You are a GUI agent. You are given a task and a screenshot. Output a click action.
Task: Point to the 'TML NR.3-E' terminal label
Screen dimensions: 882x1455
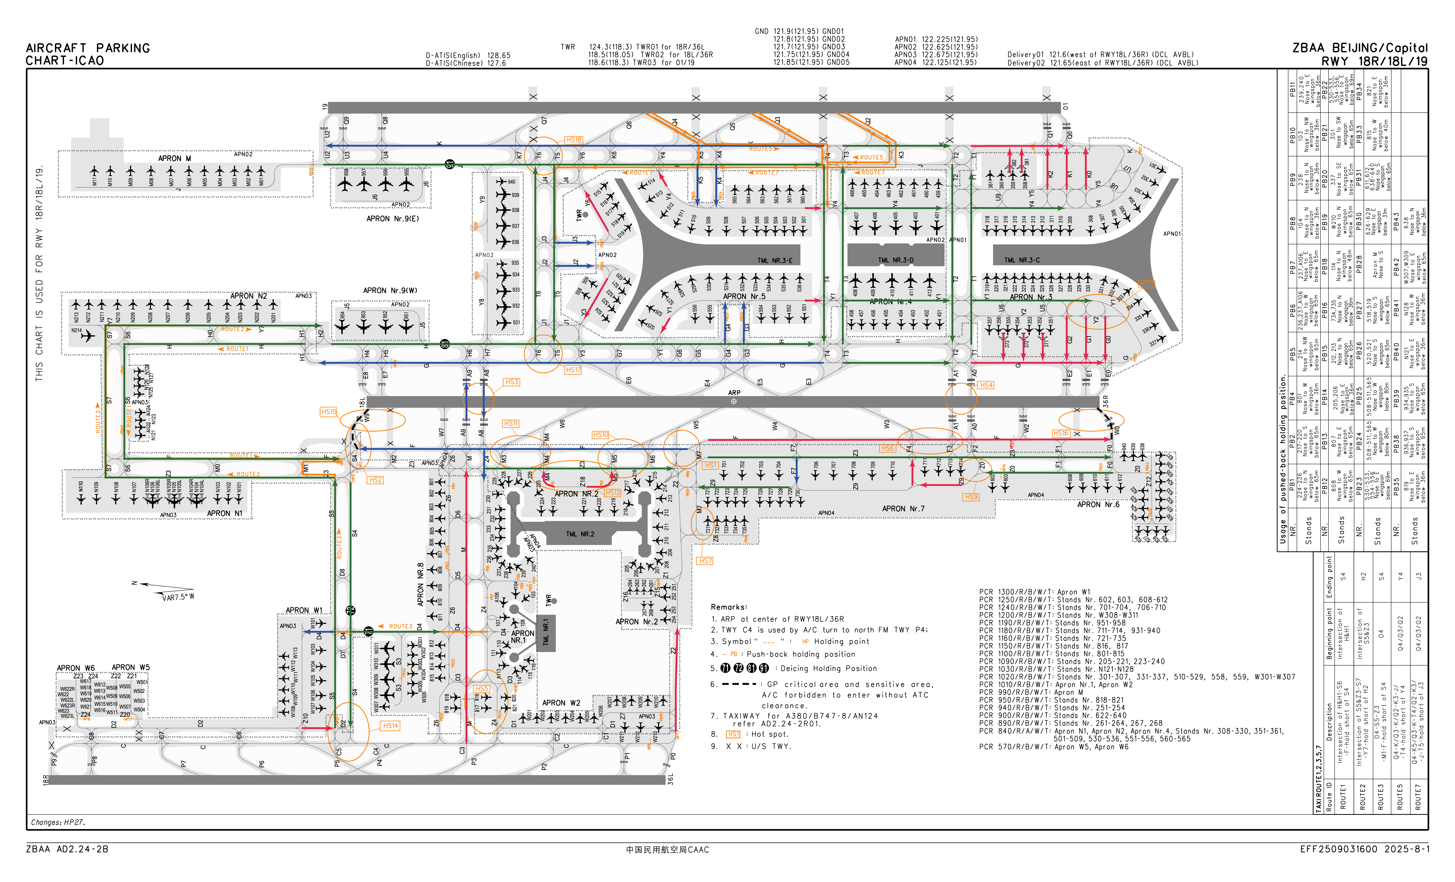[x=775, y=260]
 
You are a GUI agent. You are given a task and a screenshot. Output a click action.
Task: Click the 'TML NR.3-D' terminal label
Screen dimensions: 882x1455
[x=895, y=260]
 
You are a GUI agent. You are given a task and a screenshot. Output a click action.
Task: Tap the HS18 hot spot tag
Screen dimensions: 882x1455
[x=573, y=140]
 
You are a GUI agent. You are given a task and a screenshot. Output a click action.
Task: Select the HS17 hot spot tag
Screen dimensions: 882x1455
[x=573, y=370]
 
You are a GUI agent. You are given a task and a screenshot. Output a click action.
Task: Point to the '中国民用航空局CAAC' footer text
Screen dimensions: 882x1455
[x=667, y=850]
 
